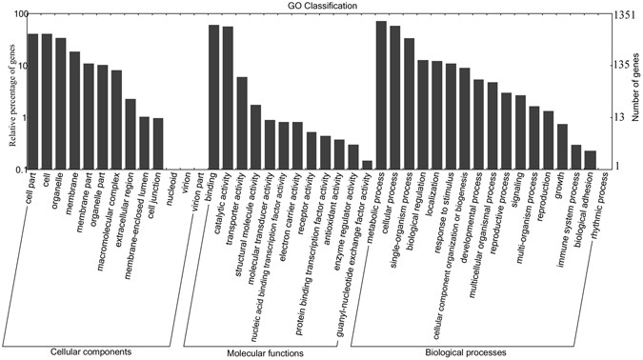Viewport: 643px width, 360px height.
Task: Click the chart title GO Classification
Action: [x=323, y=6]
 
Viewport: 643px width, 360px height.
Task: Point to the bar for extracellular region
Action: [x=131, y=134]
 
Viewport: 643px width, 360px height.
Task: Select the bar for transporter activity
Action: [x=242, y=123]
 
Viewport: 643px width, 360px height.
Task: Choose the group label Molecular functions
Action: [x=266, y=352]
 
